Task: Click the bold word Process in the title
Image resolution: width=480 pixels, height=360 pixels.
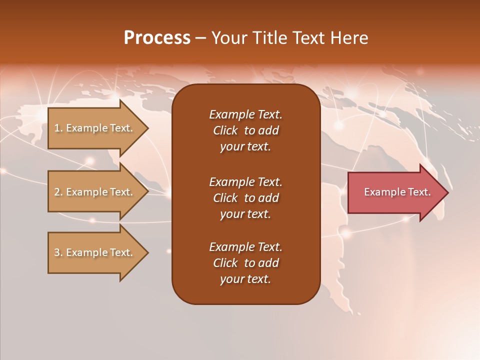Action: pos(157,38)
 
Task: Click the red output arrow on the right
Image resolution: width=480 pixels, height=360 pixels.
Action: pos(395,192)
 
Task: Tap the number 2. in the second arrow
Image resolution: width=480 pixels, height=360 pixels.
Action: pos(58,192)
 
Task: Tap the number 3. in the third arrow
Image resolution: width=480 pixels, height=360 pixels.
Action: pos(58,252)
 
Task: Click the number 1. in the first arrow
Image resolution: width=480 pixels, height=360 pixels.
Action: pos(58,128)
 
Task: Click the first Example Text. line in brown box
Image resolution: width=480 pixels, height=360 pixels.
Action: pos(245,114)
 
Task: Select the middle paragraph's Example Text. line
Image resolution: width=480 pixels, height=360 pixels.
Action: pos(245,181)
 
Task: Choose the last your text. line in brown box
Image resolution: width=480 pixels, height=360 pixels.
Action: pos(245,279)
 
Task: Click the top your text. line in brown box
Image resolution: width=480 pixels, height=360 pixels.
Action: pos(245,147)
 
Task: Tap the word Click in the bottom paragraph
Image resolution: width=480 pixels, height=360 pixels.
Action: pos(225,263)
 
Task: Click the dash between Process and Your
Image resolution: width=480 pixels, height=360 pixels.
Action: pos(201,38)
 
